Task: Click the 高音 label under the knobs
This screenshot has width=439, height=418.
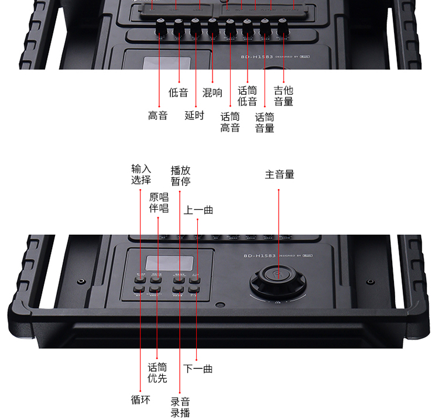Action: (x=158, y=116)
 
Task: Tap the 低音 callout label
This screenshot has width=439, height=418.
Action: (x=178, y=92)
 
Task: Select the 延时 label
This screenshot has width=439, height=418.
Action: (x=194, y=116)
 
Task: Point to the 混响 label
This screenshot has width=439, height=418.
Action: (x=212, y=92)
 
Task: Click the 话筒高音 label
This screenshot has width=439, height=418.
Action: (x=230, y=122)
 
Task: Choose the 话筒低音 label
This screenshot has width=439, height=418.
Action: (x=248, y=97)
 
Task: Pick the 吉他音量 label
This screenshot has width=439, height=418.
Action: (x=284, y=97)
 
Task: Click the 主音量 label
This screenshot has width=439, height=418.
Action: (x=279, y=174)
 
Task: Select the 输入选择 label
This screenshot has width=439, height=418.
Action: (x=141, y=174)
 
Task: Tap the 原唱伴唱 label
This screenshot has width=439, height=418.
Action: (x=159, y=203)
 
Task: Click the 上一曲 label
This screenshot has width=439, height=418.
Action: (x=198, y=210)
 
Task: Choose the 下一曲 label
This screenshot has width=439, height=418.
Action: (x=198, y=369)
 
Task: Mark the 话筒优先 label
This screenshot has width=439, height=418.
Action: (x=157, y=373)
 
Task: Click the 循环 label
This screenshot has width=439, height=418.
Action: (x=140, y=400)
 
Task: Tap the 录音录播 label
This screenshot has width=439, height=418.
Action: (x=180, y=407)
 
